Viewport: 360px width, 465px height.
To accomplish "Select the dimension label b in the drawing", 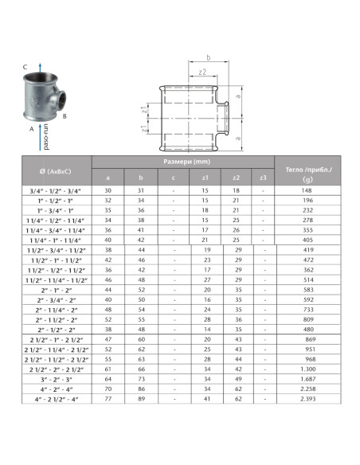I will click(x=207, y=58).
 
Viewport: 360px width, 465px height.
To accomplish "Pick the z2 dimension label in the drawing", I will click(x=202, y=72).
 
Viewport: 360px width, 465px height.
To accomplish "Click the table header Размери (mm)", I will click(x=183, y=162).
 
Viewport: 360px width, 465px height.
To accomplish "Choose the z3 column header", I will click(x=263, y=178).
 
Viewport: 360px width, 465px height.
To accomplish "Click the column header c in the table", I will click(x=174, y=178).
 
